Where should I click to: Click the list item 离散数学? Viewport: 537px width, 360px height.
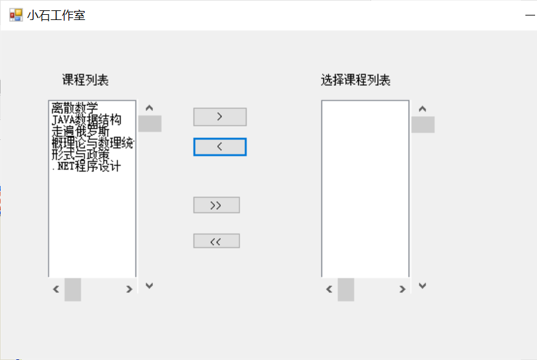[75, 108]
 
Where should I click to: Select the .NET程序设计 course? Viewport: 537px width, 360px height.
[85, 166]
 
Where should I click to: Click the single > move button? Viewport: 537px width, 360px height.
[219, 117]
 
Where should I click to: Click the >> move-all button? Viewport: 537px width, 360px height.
[216, 205]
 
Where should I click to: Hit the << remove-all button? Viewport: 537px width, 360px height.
[216, 241]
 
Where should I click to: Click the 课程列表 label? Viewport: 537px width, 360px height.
[85, 80]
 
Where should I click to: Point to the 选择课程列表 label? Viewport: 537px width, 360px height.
[356, 80]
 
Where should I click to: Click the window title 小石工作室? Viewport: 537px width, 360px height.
[56, 15]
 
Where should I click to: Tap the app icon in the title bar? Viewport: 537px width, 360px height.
[15, 15]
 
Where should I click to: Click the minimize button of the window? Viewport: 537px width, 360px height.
[531, 15]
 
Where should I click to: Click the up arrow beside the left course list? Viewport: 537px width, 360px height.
[150, 108]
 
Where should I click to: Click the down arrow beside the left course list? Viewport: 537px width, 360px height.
[150, 285]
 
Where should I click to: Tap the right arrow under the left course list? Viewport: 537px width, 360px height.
[129, 289]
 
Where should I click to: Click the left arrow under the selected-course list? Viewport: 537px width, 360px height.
[329, 289]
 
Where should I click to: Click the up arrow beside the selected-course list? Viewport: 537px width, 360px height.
[423, 108]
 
